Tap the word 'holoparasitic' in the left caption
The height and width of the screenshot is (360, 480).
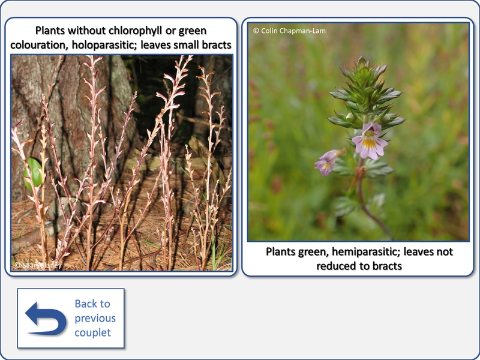click(106, 45)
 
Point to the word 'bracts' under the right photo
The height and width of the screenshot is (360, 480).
click(387, 266)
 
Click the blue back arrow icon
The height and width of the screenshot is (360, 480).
click(46, 319)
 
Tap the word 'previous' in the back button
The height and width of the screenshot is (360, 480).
click(95, 318)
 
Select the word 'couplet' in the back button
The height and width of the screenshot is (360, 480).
click(93, 332)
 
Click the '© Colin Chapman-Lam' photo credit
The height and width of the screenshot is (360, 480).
click(289, 31)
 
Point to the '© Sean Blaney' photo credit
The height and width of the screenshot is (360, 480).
click(38, 265)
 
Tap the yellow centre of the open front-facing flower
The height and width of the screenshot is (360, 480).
click(369, 143)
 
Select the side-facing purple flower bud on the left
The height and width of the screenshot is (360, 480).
click(328, 161)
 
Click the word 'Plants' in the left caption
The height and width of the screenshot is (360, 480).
click(50, 31)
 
